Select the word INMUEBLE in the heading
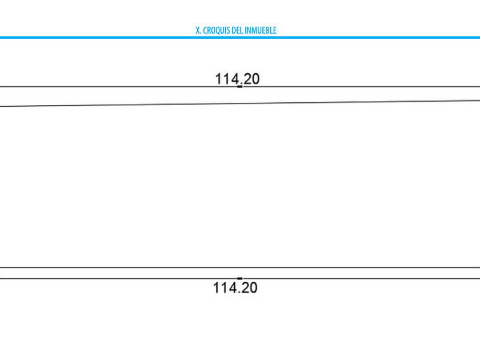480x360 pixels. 261,30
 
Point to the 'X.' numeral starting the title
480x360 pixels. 198,30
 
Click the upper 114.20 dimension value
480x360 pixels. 237,78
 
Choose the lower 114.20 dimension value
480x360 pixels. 235,287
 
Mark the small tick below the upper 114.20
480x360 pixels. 240,86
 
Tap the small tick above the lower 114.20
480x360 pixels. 240,278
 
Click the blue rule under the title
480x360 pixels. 240,38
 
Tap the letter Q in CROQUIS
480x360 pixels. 218,30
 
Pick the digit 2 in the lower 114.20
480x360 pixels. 244,287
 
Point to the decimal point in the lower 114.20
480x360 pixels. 239,291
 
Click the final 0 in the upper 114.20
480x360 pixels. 255,78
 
